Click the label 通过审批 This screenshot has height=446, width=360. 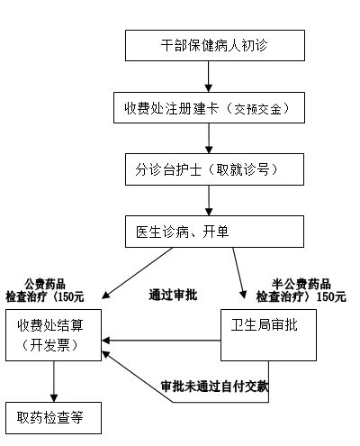173,295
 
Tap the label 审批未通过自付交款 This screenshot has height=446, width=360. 215,387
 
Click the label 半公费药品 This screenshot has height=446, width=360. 301,284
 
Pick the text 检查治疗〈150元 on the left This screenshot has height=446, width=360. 45,296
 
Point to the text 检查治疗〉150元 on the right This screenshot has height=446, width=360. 301,296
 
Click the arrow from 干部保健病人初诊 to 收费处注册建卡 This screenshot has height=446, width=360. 209,77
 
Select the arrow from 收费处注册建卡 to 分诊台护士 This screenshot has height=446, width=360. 209,139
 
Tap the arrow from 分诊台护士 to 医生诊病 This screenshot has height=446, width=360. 209,200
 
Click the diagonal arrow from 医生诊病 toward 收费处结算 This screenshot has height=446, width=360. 138,273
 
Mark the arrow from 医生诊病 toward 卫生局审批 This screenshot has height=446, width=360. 239,273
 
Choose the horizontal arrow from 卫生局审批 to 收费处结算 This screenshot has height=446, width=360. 161,341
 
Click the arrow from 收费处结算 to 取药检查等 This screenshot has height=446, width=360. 54,381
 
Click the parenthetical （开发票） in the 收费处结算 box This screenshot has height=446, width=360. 49,345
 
